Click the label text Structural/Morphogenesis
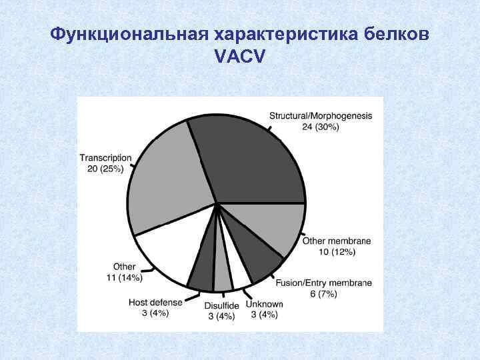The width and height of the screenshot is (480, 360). [321, 116]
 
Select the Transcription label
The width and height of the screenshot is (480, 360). [105, 158]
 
